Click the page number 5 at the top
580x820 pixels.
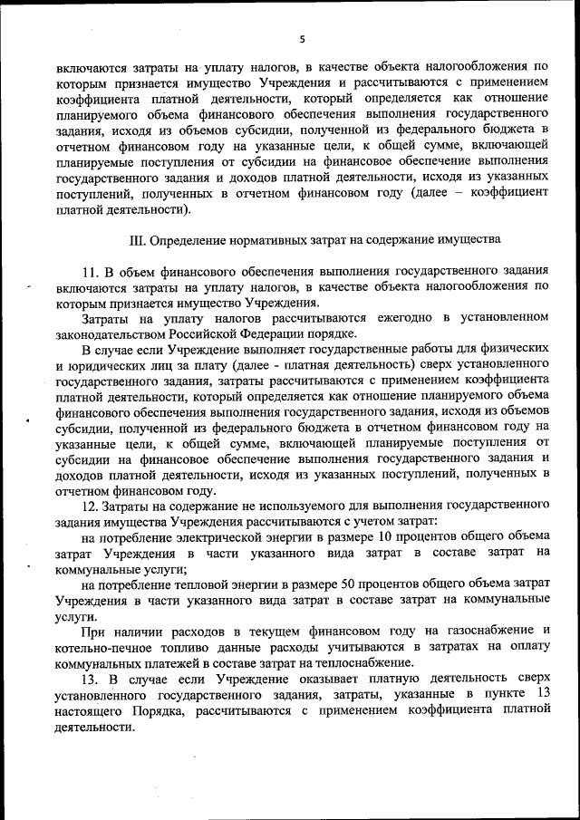point(303,39)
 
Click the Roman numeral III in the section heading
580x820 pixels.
point(139,241)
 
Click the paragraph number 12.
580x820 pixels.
point(90,505)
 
